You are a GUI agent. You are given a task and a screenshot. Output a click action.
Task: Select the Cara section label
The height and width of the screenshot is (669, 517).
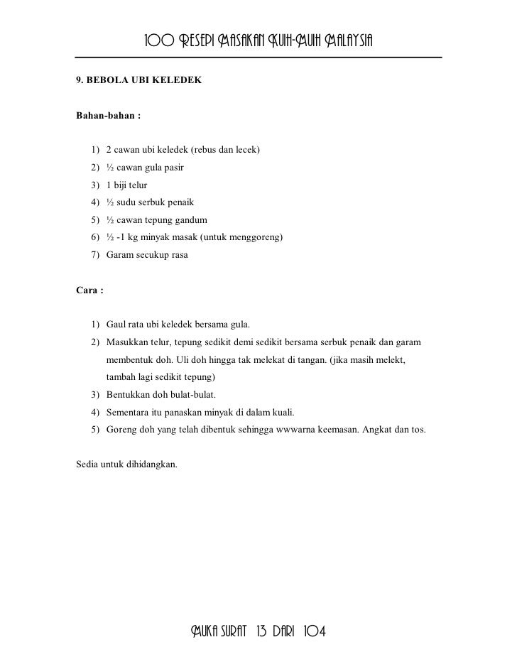(x=89, y=290)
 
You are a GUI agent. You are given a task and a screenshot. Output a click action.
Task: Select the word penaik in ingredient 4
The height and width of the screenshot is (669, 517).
(x=170, y=202)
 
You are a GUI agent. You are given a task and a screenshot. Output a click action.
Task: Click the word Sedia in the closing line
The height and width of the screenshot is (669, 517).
(x=87, y=464)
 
